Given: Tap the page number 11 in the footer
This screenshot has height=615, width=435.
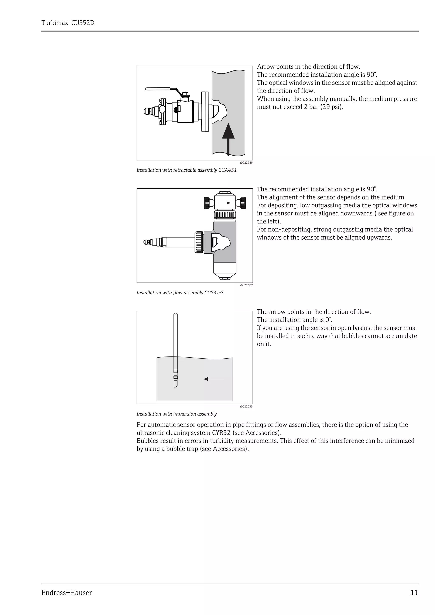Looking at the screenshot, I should [414, 593].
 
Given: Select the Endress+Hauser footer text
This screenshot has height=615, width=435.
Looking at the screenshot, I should [66, 593].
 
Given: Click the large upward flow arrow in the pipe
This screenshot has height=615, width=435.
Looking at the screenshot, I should [228, 138].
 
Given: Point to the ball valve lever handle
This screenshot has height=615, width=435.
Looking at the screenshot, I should [158, 89].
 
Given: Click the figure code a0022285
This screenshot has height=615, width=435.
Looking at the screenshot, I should [246, 163].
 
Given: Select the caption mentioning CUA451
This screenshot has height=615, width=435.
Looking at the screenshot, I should [186, 170].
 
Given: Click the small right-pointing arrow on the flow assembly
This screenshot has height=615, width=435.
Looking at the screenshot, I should [225, 203].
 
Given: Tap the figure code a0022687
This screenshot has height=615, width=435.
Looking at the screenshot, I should [246, 285].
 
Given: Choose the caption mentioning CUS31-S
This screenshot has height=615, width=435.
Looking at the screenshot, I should [180, 292].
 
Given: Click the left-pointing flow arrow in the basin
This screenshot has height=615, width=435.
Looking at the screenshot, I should [213, 379].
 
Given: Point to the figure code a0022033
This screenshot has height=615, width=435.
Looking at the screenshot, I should [246, 407].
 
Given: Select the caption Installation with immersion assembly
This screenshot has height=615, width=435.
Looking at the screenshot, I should [177, 414].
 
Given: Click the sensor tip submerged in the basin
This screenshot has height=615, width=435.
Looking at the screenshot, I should [175, 383].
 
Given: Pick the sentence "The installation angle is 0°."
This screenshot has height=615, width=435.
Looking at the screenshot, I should [294, 320].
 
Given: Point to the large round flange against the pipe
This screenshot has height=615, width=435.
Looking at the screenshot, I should [205, 111].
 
